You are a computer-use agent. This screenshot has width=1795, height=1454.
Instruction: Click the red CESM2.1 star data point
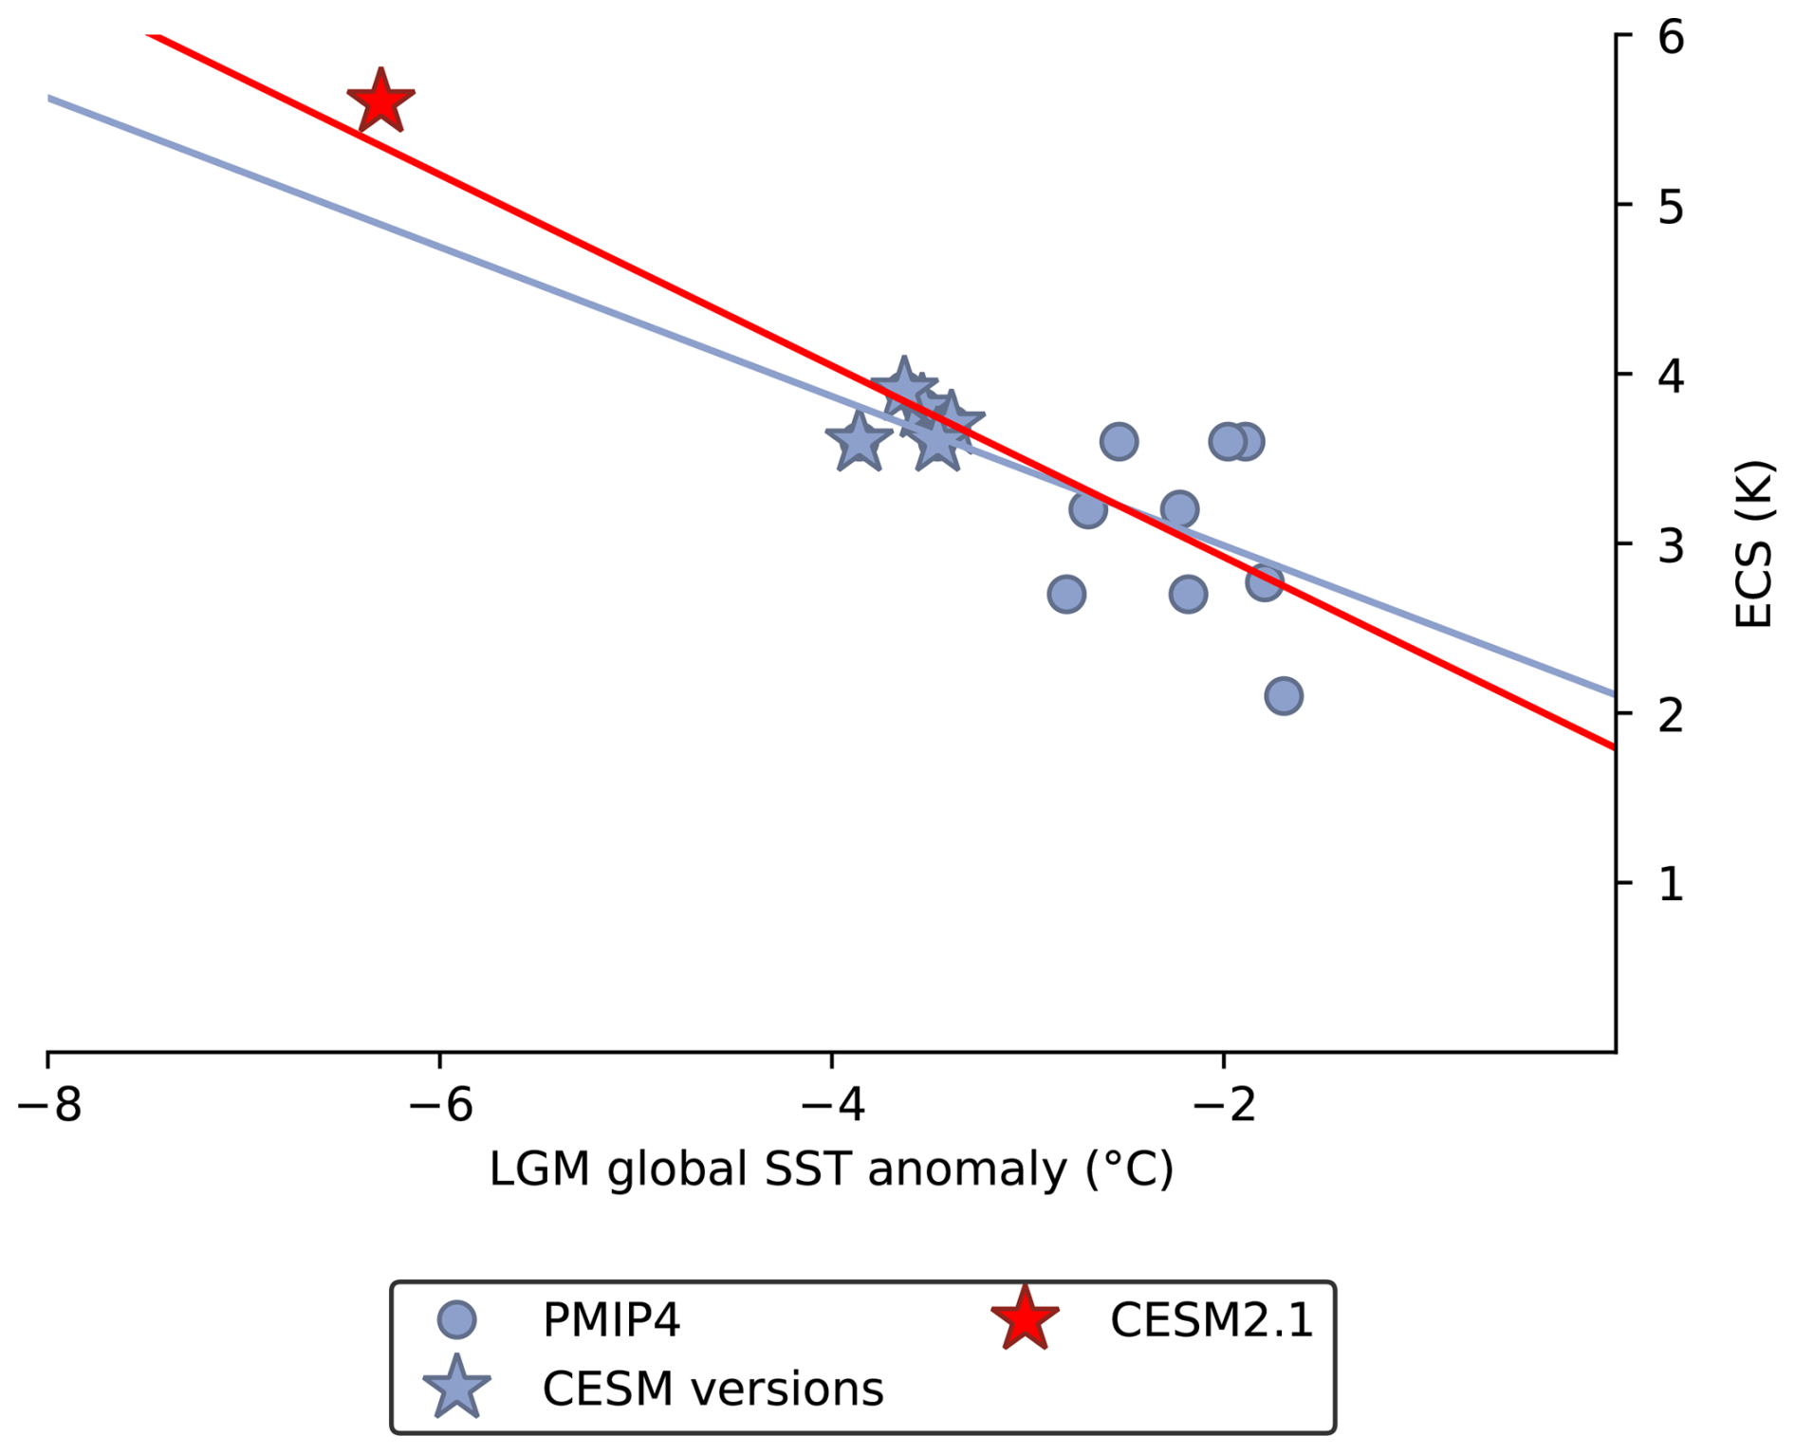(x=380, y=101)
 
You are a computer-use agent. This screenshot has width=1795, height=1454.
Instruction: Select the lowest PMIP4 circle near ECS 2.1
(x=1283, y=696)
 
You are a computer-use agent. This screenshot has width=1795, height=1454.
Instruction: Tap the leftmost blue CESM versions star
(x=859, y=442)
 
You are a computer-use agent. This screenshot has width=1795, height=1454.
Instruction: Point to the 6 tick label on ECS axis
(x=1670, y=38)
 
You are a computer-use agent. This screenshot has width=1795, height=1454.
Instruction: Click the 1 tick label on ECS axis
(x=1670, y=884)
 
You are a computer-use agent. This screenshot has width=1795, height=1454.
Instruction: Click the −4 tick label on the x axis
(x=832, y=1105)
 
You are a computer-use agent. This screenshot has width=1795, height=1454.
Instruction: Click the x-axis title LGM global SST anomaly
(x=831, y=1169)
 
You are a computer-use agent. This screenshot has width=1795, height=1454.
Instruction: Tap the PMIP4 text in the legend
(x=611, y=1319)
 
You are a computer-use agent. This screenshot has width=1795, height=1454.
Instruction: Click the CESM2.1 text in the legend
(x=1212, y=1319)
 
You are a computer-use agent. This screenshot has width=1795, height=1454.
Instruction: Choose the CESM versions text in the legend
(x=712, y=1389)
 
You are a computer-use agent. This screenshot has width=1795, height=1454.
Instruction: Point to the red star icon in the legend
(x=1025, y=1319)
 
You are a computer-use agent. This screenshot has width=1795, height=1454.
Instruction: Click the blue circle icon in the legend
(x=456, y=1319)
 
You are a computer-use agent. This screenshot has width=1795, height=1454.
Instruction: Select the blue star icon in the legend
(x=456, y=1388)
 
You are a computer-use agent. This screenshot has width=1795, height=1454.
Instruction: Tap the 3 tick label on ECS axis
(x=1670, y=545)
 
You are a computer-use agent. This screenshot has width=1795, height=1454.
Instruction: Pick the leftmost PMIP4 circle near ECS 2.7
(x=1066, y=595)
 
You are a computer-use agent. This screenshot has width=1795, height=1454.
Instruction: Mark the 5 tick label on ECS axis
(x=1670, y=207)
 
